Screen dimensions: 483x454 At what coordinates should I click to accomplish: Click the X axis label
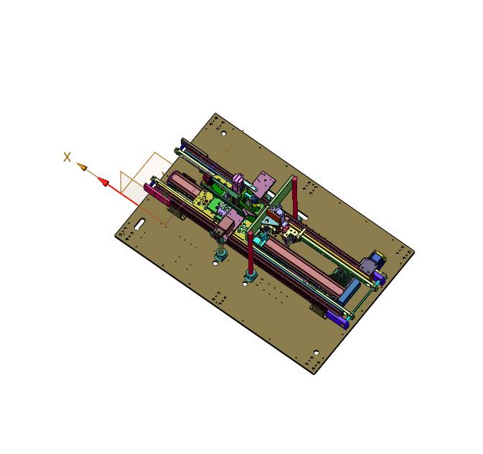(67, 157)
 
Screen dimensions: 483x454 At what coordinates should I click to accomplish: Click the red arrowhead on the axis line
(104, 182)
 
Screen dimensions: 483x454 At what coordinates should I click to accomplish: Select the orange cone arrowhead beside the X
(82, 167)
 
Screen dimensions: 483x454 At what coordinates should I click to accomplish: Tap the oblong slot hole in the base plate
(139, 224)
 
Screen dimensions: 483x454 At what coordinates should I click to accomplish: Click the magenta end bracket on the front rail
(156, 195)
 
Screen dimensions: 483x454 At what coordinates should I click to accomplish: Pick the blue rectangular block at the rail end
(349, 291)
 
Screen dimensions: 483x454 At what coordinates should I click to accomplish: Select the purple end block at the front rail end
(337, 320)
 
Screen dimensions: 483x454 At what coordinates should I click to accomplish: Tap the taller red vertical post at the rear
(295, 197)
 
